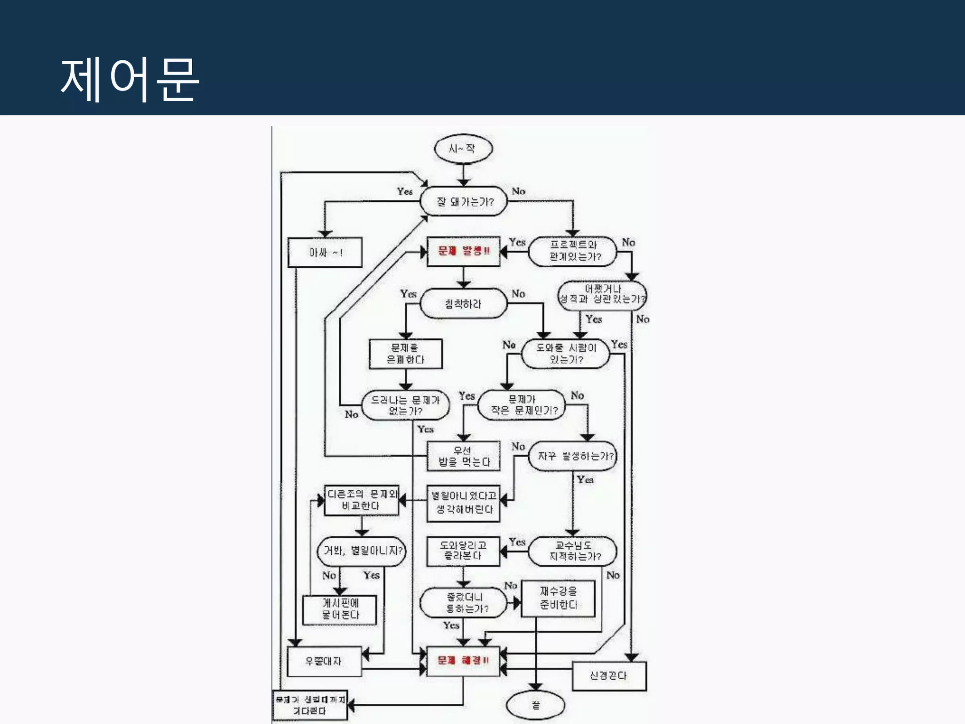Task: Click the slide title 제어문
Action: pos(130,79)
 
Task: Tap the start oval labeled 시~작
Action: pos(463,149)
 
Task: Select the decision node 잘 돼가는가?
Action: pos(464,201)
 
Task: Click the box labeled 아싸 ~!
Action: pos(325,253)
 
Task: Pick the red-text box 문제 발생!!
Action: pos(463,251)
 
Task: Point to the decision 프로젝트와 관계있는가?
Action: pos(573,251)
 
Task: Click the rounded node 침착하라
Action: pos(463,304)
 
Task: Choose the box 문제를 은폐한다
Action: pos(406,354)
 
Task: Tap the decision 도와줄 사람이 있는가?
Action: pos(565,354)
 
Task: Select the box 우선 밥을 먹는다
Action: pos(463,456)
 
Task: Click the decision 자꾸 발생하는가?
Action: pos(573,456)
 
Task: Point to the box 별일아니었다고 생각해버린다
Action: pos(463,503)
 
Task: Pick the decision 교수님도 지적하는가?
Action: pos(573,551)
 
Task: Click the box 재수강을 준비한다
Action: pos(558,598)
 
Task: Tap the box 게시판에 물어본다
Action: pos(340,609)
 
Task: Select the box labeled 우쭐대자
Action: pos(324,661)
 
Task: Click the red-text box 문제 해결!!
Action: pos(463,660)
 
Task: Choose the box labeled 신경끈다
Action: pos(609,675)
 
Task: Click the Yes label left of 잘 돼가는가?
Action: pos(404,191)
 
